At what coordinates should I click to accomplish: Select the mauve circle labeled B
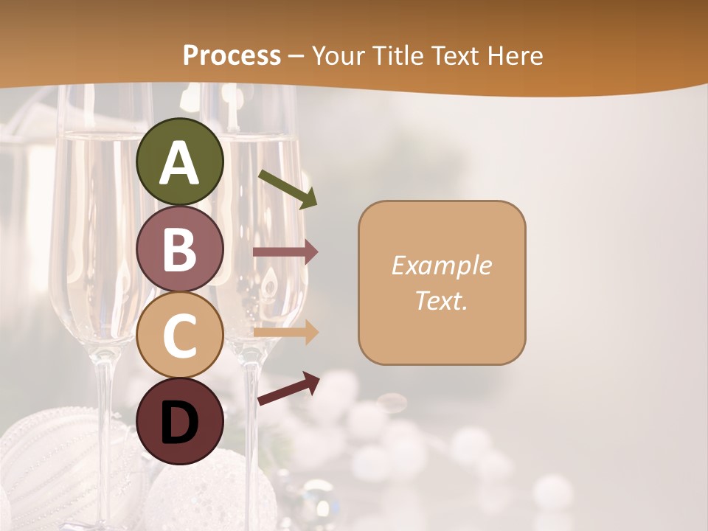180,249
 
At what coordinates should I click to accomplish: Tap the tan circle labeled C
180,334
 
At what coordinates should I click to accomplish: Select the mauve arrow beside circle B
285,252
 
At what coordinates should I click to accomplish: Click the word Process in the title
232,56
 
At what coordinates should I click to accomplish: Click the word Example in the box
441,265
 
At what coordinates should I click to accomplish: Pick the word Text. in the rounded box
441,300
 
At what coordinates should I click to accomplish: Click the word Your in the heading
338,56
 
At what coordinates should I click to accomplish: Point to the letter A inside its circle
180,164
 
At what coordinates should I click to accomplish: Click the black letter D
180,423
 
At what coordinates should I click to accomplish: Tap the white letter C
180,335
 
